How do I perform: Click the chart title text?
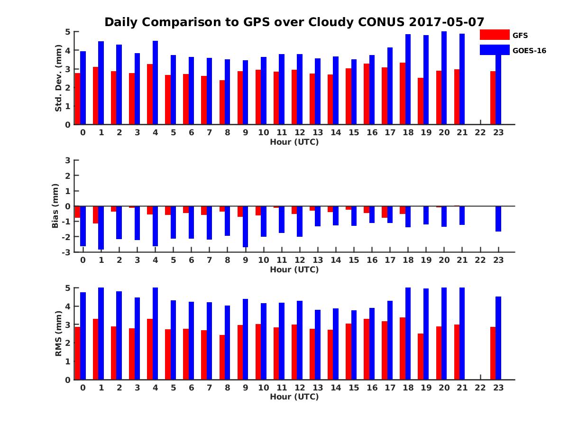tap(294, 22)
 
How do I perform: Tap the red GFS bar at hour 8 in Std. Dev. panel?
tap(222, 102)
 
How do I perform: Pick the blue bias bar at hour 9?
tap(246, 227)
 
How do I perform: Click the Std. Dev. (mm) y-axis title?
tap(59, 78)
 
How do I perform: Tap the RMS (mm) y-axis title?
tap(59, 334)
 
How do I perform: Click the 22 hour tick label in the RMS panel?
tap(480, 388)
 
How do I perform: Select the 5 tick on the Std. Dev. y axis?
tap(68, 32)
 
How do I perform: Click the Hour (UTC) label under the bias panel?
tap(294, 269)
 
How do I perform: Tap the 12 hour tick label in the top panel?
tap(300, 132)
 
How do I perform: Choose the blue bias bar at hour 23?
tap(498, 219)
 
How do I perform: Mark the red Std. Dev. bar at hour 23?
tap(493, 98)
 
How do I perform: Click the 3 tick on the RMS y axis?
tap(68, 325)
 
